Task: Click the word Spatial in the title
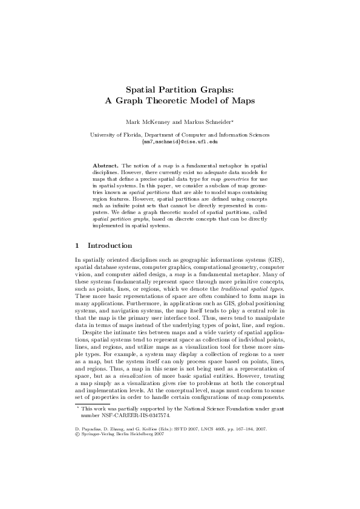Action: (x=143, y=89)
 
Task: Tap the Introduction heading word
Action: (x=110, y=246)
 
